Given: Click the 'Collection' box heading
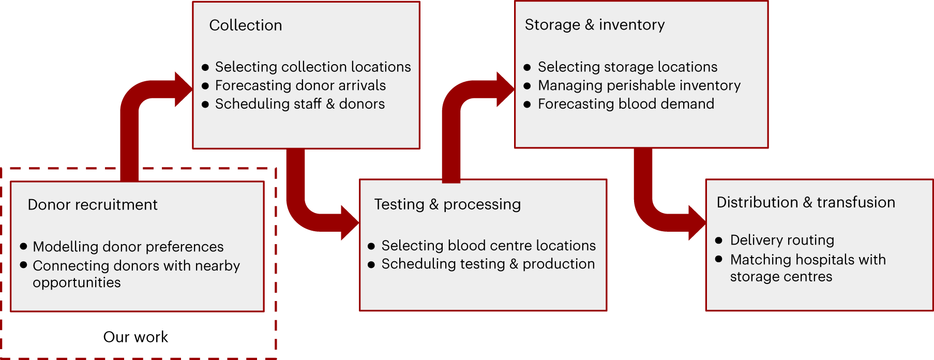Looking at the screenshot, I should [x=246, y=25].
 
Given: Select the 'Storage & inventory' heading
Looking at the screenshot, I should [x=595, y=25].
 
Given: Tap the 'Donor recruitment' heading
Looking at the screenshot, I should [x=93, y=205].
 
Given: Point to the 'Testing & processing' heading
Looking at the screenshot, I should [x=447, y=204].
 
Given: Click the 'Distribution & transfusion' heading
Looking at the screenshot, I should [x=806, y=202].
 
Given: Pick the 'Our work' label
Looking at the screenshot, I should [x=135, y=337].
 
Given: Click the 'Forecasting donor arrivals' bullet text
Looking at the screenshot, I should [x=300, y=85].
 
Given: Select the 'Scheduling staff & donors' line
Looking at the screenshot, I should [x=300, y=104].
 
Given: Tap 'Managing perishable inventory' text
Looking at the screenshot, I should [x=639, y=85].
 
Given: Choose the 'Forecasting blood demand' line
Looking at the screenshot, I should [x=626, y=104].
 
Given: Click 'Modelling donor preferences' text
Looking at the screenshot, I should [x=128, y=247].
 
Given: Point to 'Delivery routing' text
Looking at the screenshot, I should [x=782, y=240].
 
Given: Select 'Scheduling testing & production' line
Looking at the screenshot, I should [x=488, y=264].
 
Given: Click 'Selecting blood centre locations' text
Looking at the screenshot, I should [x=489, y=245].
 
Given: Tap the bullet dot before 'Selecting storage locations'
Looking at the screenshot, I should [x=527, y=67].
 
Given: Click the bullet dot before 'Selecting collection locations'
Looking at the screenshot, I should [x=205, y=67].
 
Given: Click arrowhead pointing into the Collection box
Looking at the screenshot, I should [x=183, y=89].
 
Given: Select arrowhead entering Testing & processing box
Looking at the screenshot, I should [x=350, y=223].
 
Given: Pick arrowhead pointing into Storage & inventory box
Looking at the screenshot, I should [x=505, y=89].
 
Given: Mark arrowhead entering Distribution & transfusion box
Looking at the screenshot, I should [x=697, y=223].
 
